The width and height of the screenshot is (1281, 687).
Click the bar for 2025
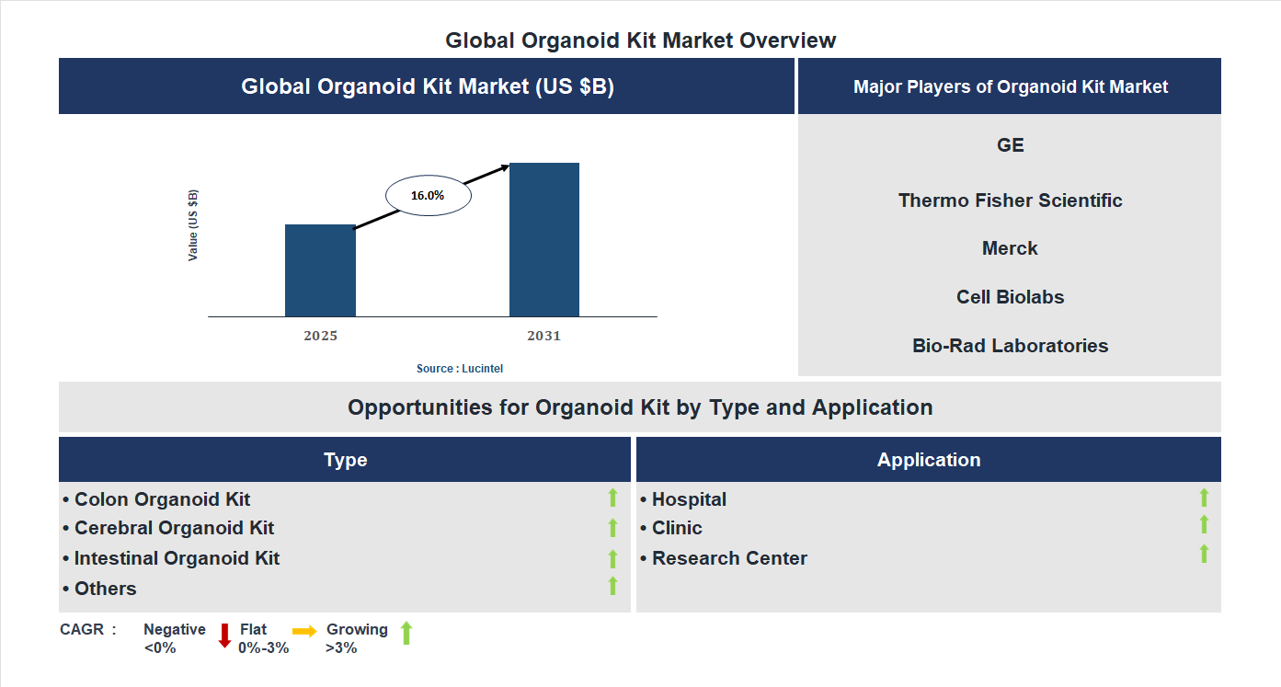[320, 270]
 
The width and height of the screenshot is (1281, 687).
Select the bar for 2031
[544, 240]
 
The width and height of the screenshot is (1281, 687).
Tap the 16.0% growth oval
[428, 196]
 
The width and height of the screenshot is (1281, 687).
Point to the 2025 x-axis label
[320, 336]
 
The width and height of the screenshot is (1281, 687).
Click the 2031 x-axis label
[543, 336]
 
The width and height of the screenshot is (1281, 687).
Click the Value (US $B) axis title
[193, 225]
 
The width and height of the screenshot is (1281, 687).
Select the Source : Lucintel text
[460, 369]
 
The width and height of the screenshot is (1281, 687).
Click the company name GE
[1010, 145]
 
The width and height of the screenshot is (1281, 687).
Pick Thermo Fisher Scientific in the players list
[1010, 200]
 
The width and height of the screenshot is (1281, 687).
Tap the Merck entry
[1010, 248]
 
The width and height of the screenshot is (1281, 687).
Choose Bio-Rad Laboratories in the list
[1010, 346]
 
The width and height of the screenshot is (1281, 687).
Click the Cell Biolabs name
[1010, 297]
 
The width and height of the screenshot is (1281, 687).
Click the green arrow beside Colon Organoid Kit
[612, 498]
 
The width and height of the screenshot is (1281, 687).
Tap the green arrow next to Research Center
[1204, 554]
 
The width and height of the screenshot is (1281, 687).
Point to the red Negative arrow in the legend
[224, 635]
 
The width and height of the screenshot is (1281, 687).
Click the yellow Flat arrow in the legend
[304, 631]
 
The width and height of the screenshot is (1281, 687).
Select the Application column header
[928, 460]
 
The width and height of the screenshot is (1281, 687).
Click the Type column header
[345, 460]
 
